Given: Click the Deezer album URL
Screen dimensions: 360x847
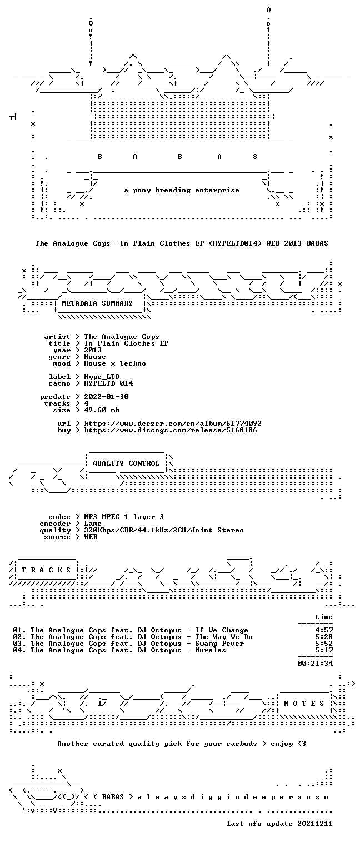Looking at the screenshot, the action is pos(173,423).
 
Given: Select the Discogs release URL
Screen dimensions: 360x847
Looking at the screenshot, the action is pos(171,430).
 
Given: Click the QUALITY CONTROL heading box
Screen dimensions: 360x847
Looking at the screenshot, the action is pos(126,464).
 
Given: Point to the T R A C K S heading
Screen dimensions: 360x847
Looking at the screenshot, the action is pos(47,570).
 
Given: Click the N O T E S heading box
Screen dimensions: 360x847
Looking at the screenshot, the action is pos(304,704).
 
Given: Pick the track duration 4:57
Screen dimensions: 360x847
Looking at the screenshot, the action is pos(324,630).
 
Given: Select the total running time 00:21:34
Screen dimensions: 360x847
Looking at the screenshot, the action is pos(315,663).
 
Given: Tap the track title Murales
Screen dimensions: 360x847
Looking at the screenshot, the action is pos(211,650).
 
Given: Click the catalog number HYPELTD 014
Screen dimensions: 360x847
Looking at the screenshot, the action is pos(108,383).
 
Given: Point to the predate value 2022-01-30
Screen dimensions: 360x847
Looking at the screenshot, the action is pos(106,397).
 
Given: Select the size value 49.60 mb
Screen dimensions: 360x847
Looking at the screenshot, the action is pos(102,410).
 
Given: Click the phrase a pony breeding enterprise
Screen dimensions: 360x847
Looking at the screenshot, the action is pos(182,190).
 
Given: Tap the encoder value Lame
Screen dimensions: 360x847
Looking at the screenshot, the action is pos(93,524).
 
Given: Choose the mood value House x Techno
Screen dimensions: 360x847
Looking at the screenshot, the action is pos(115,363).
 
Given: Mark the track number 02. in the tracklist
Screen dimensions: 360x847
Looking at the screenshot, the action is pos(19,637).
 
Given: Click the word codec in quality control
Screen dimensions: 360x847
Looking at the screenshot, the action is pos(59,517).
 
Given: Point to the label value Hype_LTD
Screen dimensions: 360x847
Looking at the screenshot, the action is pos(102,377).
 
